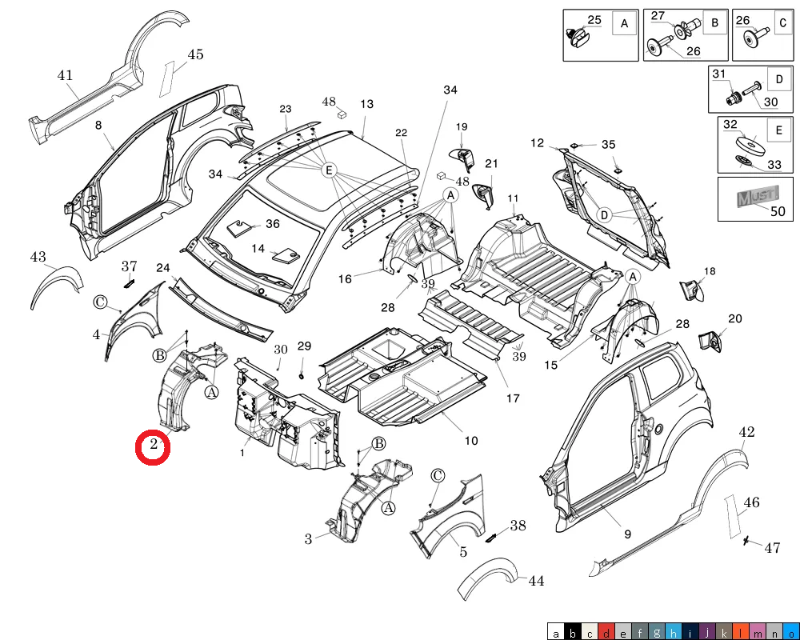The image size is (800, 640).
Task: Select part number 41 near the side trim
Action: pyautogui.click(x=65, y=76)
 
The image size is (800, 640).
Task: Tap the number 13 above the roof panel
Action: pyautogui.click(x=366, y=104)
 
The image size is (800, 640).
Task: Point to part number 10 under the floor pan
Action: pyautogui.click(x=471, y=441)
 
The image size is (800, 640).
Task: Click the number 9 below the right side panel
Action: pyautogui.click(x=627, y=534)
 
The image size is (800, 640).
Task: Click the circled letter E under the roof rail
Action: pyautogui.click(x=328, y=170)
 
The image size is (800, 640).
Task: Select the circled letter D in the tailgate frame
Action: pyautogui.click(x=606, y=214)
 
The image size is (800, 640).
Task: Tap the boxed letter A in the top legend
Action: pyautogui.click(x=623, y=24)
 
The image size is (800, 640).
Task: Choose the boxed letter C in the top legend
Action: pyautogui.click(x=782, y=24)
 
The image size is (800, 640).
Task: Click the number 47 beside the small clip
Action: pyautogui.click(x=771, y=548)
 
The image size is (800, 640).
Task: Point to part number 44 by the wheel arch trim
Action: pyautogui.click(x=536, y=582)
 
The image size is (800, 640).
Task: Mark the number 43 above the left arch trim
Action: pyautogui.click(x=38, y=257)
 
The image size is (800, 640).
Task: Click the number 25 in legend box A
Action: pyautogui.click(x=594, y=19)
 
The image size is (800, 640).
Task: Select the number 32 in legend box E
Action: pyautogui.click(x=730, y=125)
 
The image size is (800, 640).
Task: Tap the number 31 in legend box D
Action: pyautogui.click(x=718, y=74)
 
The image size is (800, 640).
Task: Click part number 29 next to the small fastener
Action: pyautogui.click(x=304, y=346)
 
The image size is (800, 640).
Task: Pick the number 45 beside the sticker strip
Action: pyautogui.click(x=195, y=54)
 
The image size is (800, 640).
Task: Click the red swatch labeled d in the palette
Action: pyautogui.click(x=607, y=633)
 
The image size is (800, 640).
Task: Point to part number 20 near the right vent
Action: pyautogui.click(x=734, y=319)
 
